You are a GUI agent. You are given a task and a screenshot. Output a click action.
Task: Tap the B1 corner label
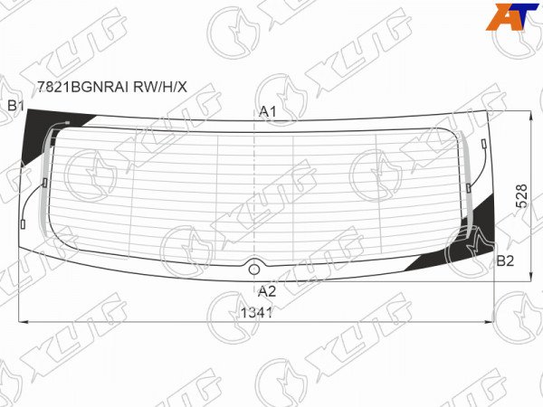[x=15, y=106]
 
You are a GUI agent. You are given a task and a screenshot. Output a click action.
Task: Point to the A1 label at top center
[x=268, y=111]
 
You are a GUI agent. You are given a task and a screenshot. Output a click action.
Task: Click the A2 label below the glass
[x=267, y=291]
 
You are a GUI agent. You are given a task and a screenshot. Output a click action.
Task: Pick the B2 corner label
[x=505, y=261]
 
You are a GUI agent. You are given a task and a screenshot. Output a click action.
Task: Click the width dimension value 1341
[x=257, y=313]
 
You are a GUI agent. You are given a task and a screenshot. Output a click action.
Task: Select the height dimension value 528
[x=521, y=196]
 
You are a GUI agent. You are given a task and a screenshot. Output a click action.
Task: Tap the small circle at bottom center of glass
[x=254, y=270]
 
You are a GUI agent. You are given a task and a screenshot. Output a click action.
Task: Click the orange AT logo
[x=512, y=16]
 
